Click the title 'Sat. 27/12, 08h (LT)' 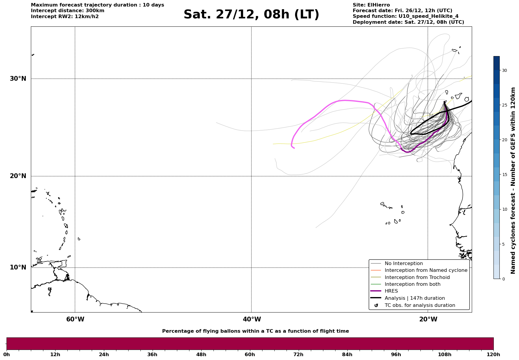pyautogui.click(x=251, y=15)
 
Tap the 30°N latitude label pyautogui.click(x=18, y=79)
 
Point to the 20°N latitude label pyautogui.click(x=18, y=176)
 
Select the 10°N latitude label pyautogui.click(x=18, y=267)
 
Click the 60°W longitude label pyautogui.click(x=75, y=319)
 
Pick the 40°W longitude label pyautogui.click(x=252, y=319)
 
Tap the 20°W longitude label pyautogui.click(x=428, y=319)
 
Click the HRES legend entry pyautogui.click(x=391, y=291)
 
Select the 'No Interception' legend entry pyautogui.click(x=404, y=264)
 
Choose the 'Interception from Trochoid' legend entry pyautogui.click(x=417, y=277)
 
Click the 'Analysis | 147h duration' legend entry pyautogui.click(x=414, y=298)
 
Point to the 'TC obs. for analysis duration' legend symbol pyautogui.click(x=376, y=305)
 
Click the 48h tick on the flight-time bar pyautogui.click(x=201, y=354)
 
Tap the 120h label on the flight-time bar pyautogui.click(x=493, y=354)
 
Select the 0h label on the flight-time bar pyautogui.click(x=7, y=354)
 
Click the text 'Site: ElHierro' pyautogui.click(x=371, y=5)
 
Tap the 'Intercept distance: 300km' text pyautogui.click(x=67, y=11)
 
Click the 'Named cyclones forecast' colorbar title pyautogui.click(x=513, y=180)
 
